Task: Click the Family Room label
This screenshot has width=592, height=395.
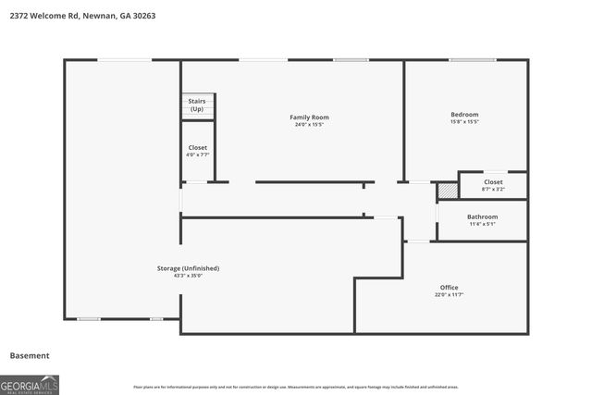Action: point(309,117)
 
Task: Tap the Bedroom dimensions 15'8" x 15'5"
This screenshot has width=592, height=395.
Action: point(464,122)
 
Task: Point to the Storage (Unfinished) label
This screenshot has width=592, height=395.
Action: point(188,268)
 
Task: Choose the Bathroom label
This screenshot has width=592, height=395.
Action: point(482,216)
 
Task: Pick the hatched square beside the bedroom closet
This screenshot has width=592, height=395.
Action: point(448,190)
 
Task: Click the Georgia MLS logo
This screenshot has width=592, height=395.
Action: point(30,383)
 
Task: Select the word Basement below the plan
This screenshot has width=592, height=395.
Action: point(30,355)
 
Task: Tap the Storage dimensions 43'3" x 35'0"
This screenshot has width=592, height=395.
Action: point(188,276)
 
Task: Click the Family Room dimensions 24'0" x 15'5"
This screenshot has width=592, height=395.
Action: point(309,125)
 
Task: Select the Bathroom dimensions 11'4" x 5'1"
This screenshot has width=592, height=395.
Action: point(482,224)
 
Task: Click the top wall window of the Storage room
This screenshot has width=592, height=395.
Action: point(125,60)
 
